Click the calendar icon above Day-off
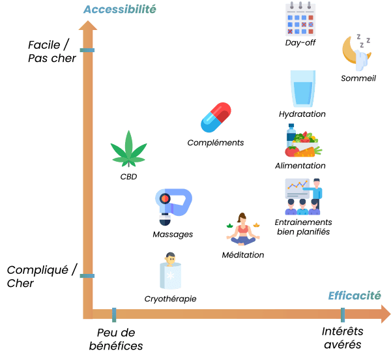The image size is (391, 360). (x=300, y=20)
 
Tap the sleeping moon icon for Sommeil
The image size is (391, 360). (x=356, y=53)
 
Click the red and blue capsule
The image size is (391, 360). (x=216, y=118)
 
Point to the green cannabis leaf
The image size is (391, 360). (x=128, y=151)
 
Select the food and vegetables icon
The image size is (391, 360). (x=300, y=142)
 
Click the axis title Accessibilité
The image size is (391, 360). (x=119, y=10)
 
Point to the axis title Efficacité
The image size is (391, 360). (x=355, y=296)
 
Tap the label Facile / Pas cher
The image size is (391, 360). (x=51, y=52)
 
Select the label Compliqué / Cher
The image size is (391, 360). (x=42, y=276)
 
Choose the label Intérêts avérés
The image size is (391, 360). (x=341, y=337)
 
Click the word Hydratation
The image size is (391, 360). (x=302, y=114)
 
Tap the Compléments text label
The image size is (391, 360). (x=215, y=142)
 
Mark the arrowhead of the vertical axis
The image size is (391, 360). (x=87, y=26)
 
